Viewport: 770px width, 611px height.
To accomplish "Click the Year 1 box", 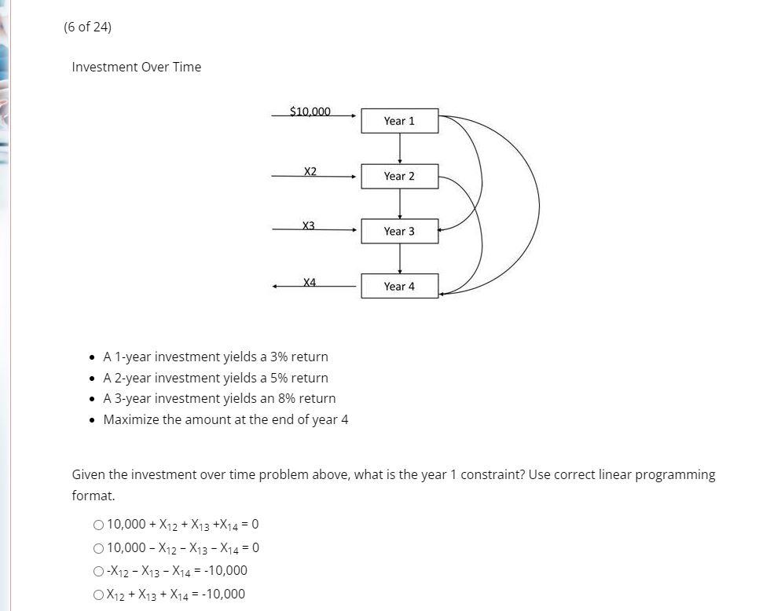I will coord(399,121).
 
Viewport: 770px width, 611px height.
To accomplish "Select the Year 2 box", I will coord(399,176).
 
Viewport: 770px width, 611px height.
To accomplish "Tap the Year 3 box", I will coord(399,231).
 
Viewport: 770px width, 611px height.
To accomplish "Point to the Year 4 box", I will coord(399,286).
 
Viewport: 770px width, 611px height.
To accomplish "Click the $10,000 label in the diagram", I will coord(310,112).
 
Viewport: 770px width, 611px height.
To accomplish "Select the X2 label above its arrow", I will coord(310,171).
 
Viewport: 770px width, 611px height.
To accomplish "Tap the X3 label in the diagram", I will coord(309,225).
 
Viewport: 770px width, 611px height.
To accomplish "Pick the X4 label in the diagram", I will coord(310,282).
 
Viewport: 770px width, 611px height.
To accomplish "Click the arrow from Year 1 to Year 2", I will coord(400,148).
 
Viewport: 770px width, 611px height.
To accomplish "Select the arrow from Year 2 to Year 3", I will coord(400,203).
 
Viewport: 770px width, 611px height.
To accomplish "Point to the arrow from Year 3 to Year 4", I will coord(400,258).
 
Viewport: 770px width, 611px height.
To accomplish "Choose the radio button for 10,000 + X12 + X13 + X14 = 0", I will coord(98,525).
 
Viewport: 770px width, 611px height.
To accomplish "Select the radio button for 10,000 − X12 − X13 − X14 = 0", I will coord(98,548).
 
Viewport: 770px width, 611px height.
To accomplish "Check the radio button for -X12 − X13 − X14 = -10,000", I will coord(98,571).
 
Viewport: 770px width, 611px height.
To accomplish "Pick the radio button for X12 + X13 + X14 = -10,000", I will coord(98,595).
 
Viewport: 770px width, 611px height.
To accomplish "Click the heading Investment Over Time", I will coord(136,67).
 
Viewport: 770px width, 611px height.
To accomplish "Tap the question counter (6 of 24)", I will coord(87,27).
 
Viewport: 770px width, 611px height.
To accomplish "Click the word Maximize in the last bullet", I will coord(131,419).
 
